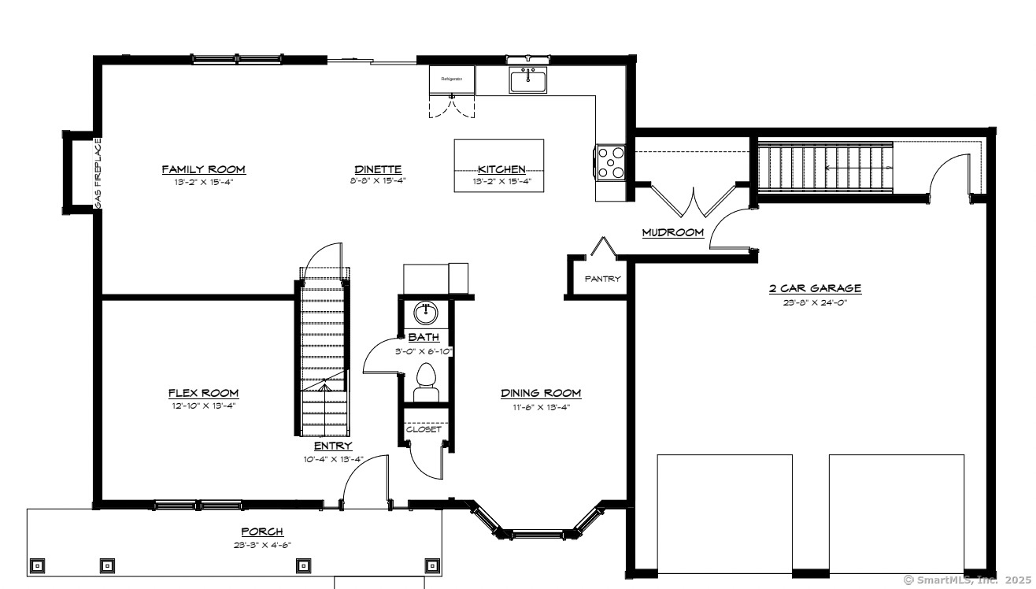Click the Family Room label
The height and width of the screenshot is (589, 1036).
click(203, 169)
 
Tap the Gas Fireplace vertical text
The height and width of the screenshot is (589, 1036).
click(98, 174)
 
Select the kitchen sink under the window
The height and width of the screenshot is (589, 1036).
click(528, 80)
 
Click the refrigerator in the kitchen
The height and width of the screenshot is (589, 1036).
click(452, 80)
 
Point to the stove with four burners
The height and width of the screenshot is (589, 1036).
click(611, 163)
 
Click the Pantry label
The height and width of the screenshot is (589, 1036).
click(602, 279)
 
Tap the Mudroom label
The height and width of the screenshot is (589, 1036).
click(672, 232)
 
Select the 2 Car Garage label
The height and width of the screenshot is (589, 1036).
click(815, 288)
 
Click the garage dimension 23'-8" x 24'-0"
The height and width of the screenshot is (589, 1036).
click(815, 301)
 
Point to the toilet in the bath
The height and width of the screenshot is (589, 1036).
click(426, 379)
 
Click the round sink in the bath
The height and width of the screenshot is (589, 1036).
click(426, 313)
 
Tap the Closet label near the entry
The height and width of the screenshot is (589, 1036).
click(424, 429)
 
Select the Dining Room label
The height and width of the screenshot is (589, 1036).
click(541, 393)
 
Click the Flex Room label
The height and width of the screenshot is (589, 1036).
click(203, 393)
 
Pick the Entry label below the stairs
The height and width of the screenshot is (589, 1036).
click(333, 446)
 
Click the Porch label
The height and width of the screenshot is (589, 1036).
click(262, 532)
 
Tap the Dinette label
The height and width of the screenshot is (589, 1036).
click(378, 169)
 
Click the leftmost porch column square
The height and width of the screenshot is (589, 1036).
click(37, 565)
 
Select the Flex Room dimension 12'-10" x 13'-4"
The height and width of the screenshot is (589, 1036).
click(203, 406)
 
